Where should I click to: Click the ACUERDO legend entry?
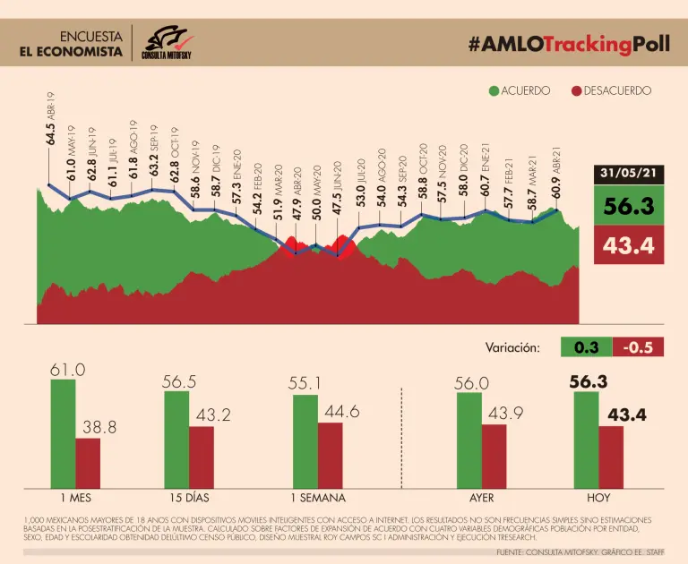519,91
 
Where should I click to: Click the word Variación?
512,347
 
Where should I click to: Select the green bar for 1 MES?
63,432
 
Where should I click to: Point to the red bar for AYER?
494,455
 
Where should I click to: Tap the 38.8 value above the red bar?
99,428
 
